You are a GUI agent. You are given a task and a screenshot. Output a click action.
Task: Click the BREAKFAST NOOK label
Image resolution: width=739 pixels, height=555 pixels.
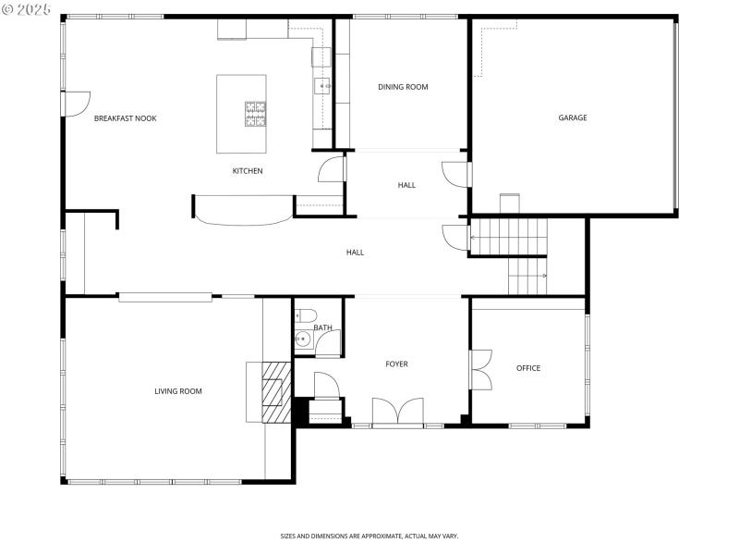tap(125, 118)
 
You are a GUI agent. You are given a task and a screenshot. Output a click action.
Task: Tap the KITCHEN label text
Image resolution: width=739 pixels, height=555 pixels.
tap(247, 171)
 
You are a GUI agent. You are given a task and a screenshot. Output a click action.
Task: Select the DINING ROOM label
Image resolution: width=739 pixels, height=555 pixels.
tap(403, 87)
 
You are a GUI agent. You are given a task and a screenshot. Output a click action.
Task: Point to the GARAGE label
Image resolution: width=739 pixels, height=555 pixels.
tap(572, 117)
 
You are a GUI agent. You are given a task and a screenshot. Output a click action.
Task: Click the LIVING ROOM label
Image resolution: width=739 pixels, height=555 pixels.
tap(177, 391)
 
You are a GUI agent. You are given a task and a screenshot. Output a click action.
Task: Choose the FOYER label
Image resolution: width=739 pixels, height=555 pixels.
tap(396, 364)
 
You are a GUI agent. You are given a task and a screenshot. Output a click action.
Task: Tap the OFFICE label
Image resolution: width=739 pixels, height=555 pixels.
tap(528, 368)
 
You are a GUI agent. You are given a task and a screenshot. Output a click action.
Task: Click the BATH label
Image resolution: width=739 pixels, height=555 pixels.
tap(322, 327)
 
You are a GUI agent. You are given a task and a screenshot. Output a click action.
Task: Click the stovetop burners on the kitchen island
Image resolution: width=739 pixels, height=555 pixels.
tap(255, 114)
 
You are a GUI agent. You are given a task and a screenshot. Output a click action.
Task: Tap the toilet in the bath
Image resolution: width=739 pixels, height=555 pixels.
tap(306, 314)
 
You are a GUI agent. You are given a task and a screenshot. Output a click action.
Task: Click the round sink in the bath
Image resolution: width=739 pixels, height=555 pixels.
tap(303, 340)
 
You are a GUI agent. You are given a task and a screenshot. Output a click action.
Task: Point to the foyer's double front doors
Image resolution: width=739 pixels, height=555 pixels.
tap(398, 412)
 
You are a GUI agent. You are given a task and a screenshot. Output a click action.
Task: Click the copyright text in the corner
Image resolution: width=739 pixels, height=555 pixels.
tap(27, 9)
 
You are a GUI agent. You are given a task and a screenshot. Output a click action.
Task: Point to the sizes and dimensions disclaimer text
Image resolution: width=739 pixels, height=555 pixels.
tap(369, 536)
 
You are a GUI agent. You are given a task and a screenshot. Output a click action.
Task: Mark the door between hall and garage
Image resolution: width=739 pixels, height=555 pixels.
tap(456, 174)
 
